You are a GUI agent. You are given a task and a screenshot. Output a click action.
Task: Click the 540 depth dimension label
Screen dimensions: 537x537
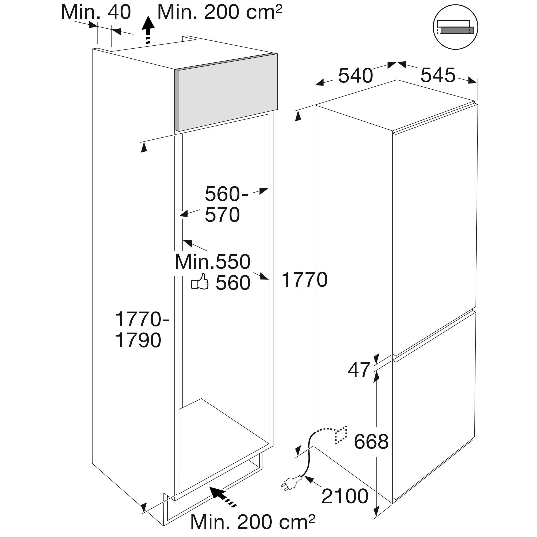tap(356, 76)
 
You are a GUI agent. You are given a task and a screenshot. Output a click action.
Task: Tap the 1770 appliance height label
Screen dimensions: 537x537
tap(305, 280)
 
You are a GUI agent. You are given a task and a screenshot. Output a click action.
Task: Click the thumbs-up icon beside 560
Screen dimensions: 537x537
tap(200, 281)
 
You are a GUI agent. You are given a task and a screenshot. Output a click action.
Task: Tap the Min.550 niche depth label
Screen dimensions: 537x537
tap(213, 262)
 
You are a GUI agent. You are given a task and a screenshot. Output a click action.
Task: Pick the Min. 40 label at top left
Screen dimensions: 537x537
tap(96, 12)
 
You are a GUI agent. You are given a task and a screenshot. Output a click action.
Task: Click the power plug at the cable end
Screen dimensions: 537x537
tap(291, 483)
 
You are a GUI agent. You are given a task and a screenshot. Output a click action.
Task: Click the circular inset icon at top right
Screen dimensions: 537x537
tap(455, 27)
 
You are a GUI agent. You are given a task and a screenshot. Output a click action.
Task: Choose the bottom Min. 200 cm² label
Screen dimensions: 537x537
tap(253, 522)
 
